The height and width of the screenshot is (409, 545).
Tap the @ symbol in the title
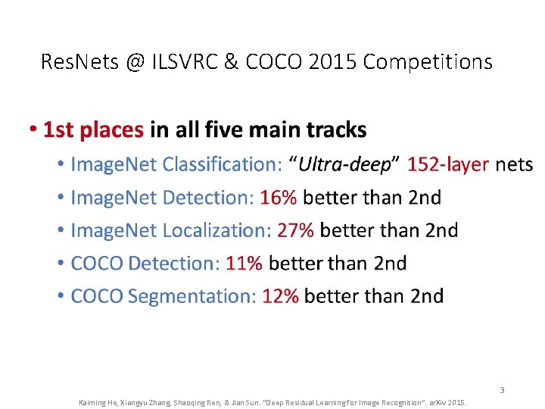135,61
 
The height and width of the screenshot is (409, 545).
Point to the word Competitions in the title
428,61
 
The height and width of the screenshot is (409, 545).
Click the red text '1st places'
93,130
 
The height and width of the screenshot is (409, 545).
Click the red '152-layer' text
448,164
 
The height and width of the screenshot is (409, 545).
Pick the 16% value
279,198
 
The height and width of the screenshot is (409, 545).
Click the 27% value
296,230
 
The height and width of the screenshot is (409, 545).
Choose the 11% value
244,264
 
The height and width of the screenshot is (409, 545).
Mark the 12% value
280,296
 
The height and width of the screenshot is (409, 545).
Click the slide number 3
501,390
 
